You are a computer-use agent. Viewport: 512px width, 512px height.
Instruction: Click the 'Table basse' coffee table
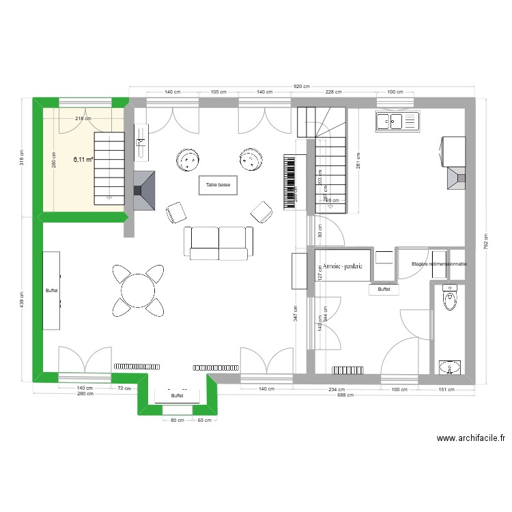[218, 184]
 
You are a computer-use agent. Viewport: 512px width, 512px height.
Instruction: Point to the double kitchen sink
[396, 122]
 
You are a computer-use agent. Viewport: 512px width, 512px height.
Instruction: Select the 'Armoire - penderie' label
[343, 267]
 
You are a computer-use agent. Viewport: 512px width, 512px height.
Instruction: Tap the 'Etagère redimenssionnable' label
[439, 264]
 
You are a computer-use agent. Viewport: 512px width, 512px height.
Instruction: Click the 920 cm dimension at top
[301, 87]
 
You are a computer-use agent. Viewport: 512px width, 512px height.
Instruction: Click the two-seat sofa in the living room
[218, 243]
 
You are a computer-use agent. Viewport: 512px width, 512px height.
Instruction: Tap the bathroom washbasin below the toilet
[449, 368]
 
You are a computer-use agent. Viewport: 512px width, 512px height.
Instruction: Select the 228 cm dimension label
[333, 91]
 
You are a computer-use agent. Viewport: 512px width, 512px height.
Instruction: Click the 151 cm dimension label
[446, 390]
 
